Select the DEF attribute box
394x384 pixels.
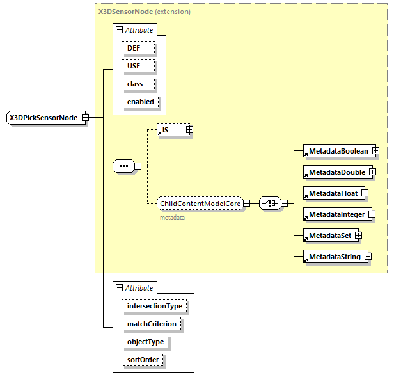point(133,48)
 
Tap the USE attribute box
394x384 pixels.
point(133,66)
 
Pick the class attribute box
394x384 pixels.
point(134,84)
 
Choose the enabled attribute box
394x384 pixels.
point(140,102)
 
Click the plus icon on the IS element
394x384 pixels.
point(189,130)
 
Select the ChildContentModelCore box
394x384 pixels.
point(200,203)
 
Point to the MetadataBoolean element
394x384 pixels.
point(338,151)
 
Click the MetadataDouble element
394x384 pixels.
point(336,172)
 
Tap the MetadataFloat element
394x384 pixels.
point(333,193)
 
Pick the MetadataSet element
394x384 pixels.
point(329,236)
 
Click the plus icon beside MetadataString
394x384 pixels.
point(368,257)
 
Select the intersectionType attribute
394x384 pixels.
point(154,306)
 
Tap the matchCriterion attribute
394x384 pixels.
point(151,324)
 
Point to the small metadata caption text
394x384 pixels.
point(172,218)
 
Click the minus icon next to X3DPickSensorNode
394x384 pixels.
point(94,118)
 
